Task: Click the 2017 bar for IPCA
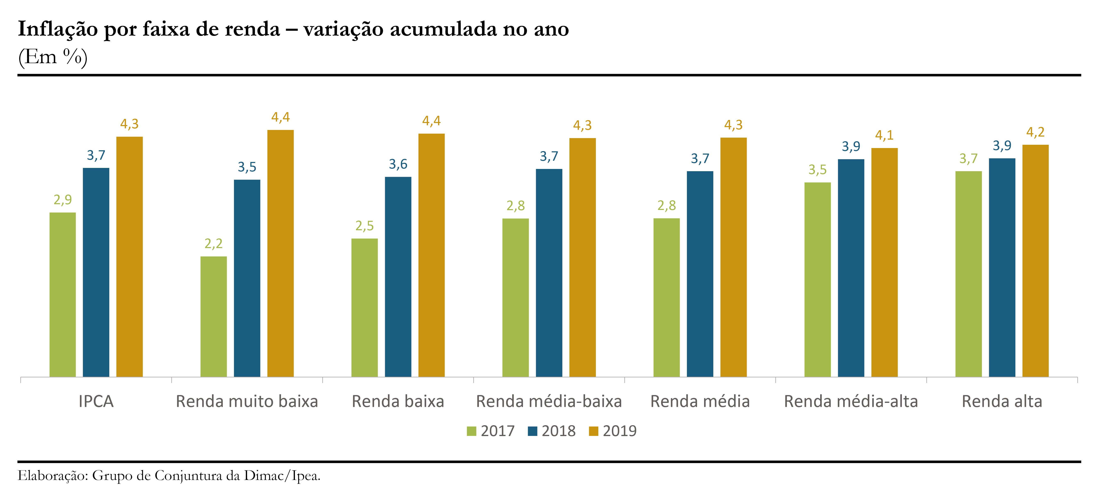[x=63, y=295]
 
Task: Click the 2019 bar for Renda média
[x=733, y=257]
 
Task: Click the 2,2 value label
[x=213, y=244]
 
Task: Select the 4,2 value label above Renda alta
[x=1035, y=132]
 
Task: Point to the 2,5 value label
[x=365, y=226]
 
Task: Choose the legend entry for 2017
[x=491, y=431]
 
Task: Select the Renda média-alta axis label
[x=851, y=401]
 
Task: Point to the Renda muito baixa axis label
[x=247, y=401]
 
